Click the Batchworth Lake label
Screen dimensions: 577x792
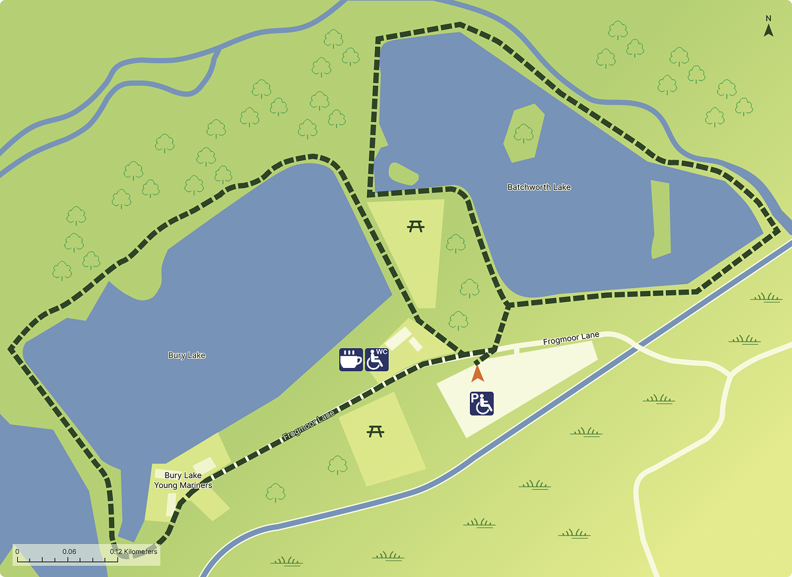[x=539, y=187]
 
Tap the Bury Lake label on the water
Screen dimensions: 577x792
[x=187, y=355]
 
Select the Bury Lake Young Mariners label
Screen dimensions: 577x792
[x=183, y=480]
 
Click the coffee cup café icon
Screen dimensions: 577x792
[x=351, y=359]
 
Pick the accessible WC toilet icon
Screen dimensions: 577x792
[x=377, y=359]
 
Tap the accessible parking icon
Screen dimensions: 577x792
[x=482, y=404]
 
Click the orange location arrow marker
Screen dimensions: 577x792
[x=477, y=373]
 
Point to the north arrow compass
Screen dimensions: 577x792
[x=768, y=30]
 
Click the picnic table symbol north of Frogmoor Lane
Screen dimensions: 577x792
[x=416, y=226]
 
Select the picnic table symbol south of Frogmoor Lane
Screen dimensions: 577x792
[x=376, y=431]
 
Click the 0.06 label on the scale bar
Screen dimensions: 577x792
[x=69, y=552]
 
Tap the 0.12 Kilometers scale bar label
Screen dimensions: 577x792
[x=134, y=552]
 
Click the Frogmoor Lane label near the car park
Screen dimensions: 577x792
[x=571, y=339]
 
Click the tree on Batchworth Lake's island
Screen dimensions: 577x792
[x=523, y=133]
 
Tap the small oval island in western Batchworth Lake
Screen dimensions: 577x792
[x=403, y=173]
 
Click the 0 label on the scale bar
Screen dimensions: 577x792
[x=17, y=552]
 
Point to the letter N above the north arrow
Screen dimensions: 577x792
[x=768, y=18]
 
